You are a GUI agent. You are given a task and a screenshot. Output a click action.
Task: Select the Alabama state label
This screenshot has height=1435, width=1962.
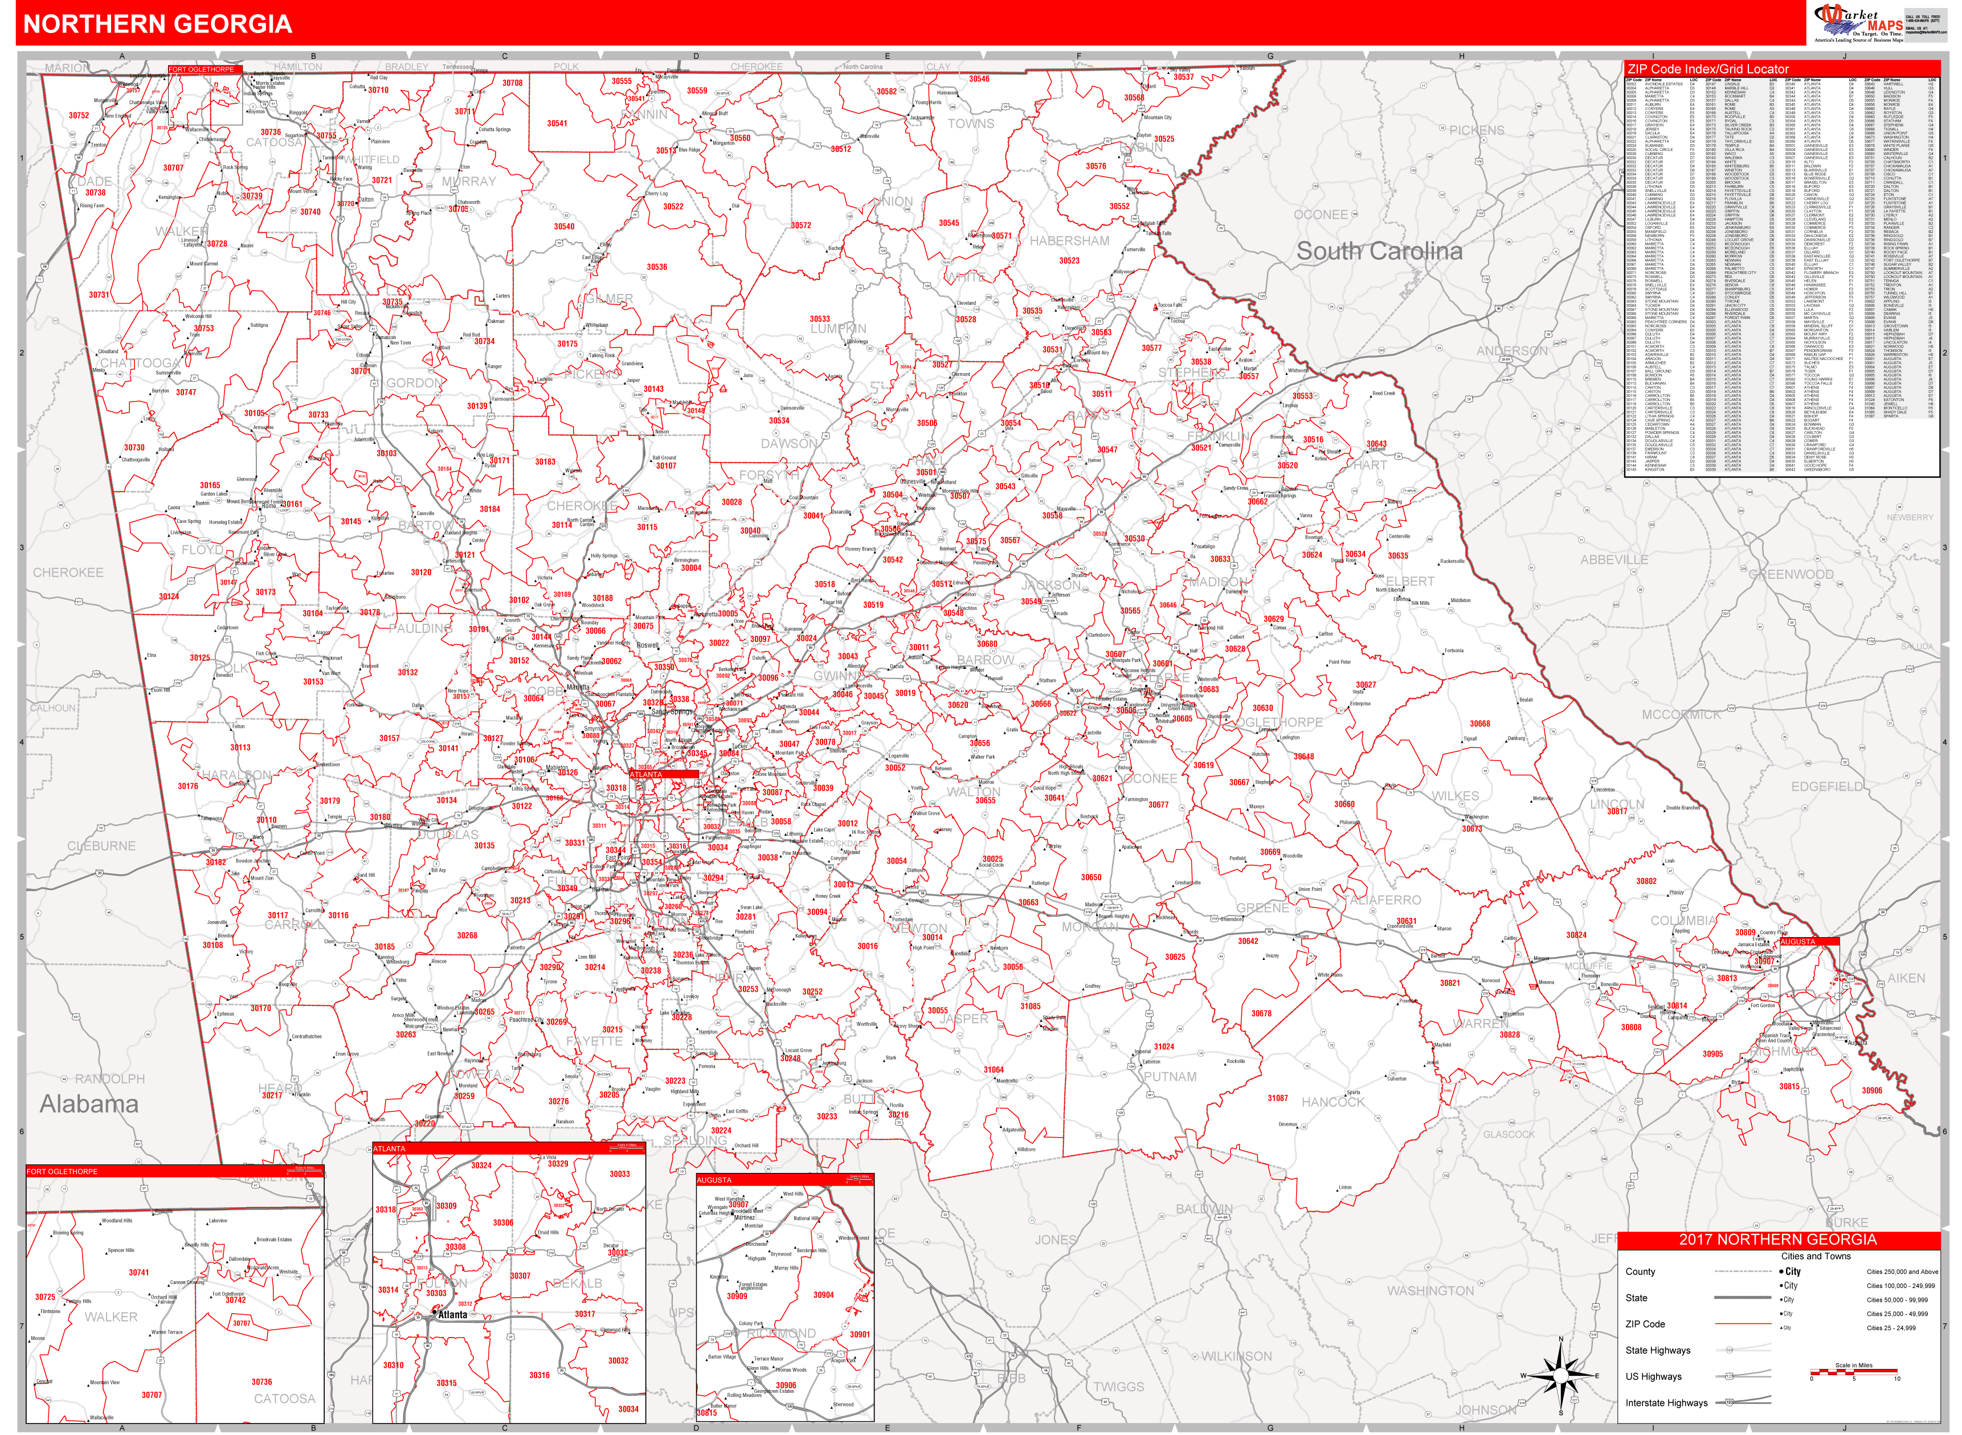pos(89,1104)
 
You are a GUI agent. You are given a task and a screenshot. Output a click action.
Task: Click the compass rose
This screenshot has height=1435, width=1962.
pos(1561,1376)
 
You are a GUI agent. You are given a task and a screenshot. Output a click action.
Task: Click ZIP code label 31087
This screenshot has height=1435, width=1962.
pos(1278,1098)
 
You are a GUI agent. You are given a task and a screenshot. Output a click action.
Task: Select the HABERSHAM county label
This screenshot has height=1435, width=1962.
pos(1069,242)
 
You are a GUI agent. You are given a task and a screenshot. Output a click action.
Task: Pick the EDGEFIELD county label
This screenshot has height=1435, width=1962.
pos(1826,787)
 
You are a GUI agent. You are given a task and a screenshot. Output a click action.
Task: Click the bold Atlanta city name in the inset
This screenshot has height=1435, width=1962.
pos(452,1315)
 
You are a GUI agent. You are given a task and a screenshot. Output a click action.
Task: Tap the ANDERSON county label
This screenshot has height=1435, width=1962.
pos(1512,351)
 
